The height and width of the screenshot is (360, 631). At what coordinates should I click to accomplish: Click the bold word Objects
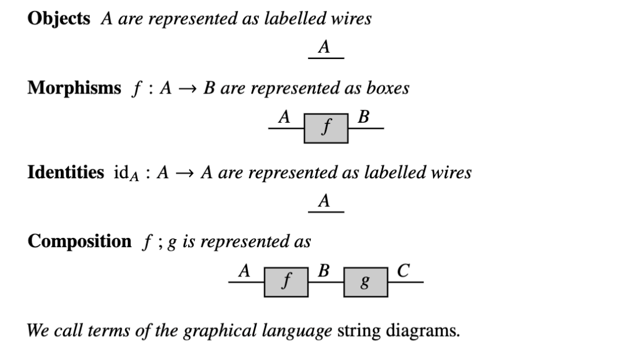pos(58,19)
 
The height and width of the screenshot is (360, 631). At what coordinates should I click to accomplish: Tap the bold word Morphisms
pos(74,88)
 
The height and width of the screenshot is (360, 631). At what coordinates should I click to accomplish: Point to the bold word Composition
pos(79,241)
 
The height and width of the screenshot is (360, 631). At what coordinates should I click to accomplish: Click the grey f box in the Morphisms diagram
pos(326,129)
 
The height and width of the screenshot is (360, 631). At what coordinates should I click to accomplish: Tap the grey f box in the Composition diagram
pos(286,282)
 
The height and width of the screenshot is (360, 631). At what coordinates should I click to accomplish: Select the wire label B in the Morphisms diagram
pos(364,117)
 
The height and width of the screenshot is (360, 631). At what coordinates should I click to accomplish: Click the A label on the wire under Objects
pos(325,48)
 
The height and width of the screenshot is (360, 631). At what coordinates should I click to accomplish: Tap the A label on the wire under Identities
pos(325,202)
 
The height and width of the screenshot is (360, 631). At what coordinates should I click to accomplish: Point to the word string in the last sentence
pos(360,331)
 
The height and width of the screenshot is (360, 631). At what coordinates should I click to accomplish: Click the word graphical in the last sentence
pos(218,331)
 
